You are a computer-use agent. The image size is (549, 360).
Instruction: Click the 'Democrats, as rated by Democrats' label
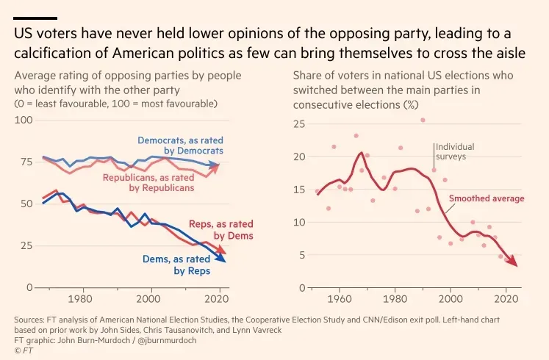180,145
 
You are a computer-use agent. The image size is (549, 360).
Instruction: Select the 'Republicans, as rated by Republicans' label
148,183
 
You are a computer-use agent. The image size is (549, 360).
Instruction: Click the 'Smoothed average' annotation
487,198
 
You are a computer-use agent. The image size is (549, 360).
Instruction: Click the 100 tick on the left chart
24,120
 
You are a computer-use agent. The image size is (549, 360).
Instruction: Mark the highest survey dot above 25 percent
423,120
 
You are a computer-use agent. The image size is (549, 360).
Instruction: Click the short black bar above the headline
35,18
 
